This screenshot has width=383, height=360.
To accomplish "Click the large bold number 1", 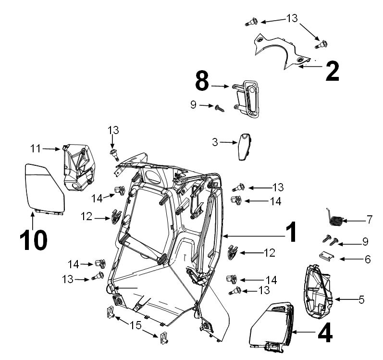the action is click(291, 232).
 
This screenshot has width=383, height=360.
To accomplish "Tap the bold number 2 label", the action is click(333, 71).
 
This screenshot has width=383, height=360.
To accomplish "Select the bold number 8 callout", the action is click(202, 80).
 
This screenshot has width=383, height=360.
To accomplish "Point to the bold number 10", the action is click(34, 240).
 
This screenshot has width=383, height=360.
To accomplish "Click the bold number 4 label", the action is click(325, 333).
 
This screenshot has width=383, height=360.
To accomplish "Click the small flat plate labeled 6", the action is click(327, 257).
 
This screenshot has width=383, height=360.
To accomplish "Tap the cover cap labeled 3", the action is click(245, 147).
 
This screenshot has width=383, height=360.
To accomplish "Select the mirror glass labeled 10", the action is click(45, 188).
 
